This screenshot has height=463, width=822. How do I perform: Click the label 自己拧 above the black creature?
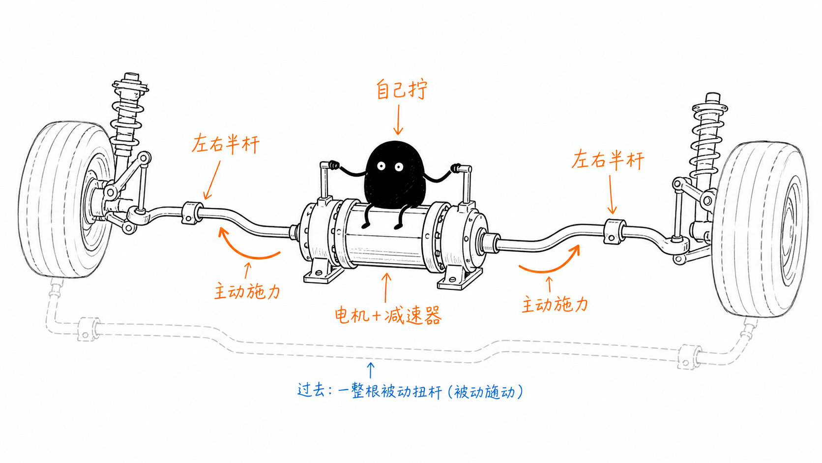pyautogui.click(x=402, y=90)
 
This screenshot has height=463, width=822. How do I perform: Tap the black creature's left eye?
pyautogui.click(x=382, y=166)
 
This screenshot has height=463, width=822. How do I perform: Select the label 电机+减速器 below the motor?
pyautogui.click(x=388, y=315)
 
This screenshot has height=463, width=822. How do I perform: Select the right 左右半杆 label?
pyautogui.click(x=607, y=160)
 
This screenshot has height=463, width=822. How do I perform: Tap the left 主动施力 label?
pyautogui.click(x=247, y=291)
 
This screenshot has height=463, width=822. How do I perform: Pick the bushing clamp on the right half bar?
pyautogui.click(x=615, y=231)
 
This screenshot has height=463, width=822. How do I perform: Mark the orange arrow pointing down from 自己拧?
pyautogui.click(x=398, y=120)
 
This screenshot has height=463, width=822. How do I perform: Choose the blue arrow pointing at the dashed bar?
pyautogui.click(x=371, y=370)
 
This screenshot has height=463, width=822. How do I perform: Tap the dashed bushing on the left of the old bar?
pyautogui.click(x=88, y=329)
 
